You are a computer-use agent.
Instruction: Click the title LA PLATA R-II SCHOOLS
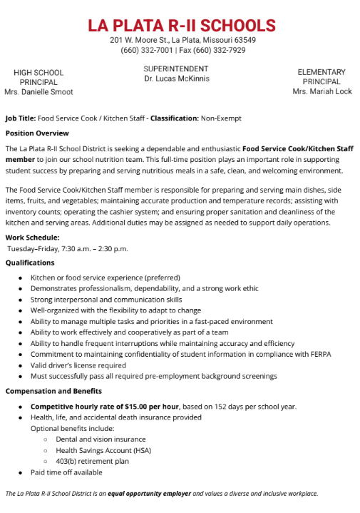(x=182, y=26)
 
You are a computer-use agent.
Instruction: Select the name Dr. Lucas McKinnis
(x=176, y=78)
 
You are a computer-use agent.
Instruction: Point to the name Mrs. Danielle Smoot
(x=38, y=92)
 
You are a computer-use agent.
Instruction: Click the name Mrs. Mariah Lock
(x=322, y=92)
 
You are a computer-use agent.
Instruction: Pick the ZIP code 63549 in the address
(x=245, y=41)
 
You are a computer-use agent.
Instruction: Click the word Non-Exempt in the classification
(x=221, y=118)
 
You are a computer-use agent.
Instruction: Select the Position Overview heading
(x=37, y=133)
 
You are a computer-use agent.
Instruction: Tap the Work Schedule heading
(x=32, y=238)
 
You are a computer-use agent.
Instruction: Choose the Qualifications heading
(x=30, y=263)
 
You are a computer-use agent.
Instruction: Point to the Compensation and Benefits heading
(x=53, y=391)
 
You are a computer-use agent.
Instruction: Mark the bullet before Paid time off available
(x=21, y=472)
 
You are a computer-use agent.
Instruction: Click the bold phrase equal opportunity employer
(x=148, y=494)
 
